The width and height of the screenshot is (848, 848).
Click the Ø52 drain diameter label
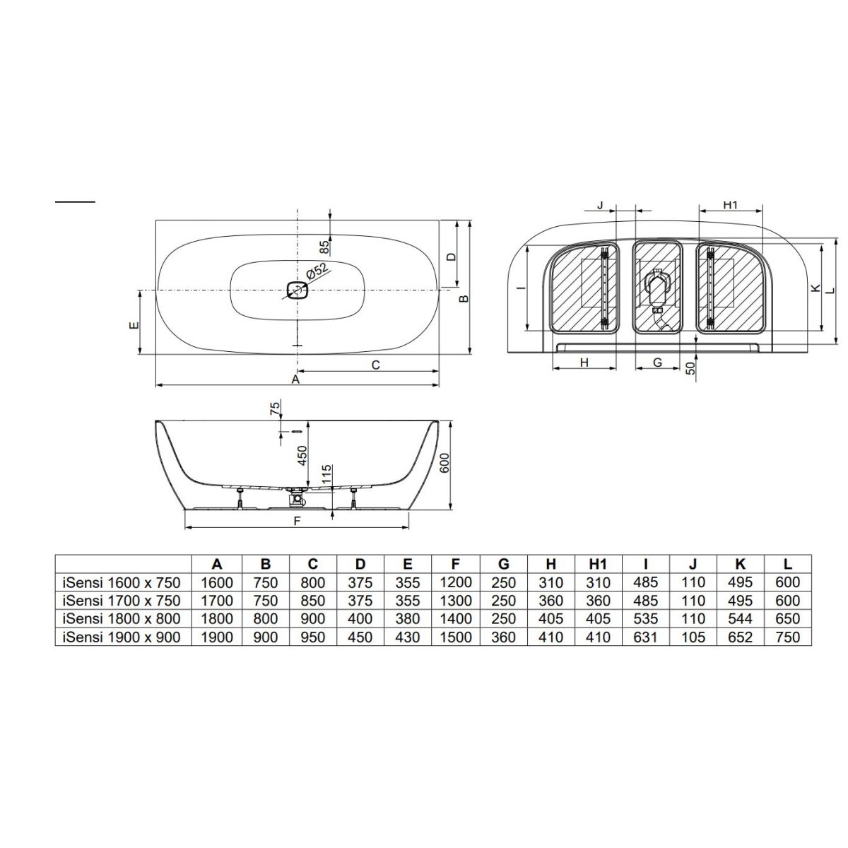[x=317, y=271]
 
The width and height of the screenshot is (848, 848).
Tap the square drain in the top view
[x=297, y=290]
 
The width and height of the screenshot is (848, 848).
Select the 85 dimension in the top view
[x=324, y=247]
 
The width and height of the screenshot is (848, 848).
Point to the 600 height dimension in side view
[x=444, y=462]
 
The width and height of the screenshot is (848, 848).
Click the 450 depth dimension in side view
[x=302, y=456]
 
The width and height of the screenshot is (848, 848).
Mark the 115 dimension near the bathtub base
[x=326, y=474]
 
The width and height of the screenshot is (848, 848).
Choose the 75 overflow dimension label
[x=275, y=408]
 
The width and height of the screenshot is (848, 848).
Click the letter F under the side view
[x=297, y=521]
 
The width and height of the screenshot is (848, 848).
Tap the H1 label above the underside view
[x=731, y=205]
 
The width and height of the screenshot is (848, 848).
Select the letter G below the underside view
[x=657, y=363]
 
